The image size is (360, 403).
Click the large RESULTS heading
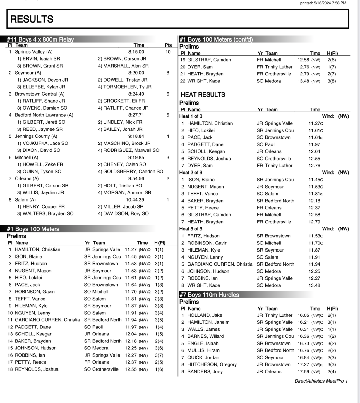click(x=32, y=19)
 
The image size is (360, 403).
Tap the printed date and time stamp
click(x=323, y=3)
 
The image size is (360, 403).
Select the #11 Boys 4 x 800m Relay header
click(x=40, y=39)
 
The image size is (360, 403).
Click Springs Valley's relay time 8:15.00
click(x=136, y=52)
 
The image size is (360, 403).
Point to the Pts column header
click(x=168, y=45)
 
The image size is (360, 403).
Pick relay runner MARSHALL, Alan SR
click(x=123, y=66)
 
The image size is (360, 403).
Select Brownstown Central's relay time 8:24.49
click(x=136, y=94)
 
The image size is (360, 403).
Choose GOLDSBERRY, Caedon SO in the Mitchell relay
click(x=131, y=171)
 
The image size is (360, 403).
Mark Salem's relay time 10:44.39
click(x=135, y=199)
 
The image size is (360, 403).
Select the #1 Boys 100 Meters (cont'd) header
click(x=216, y=39)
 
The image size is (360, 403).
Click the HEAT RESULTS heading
click(x=203, y=94)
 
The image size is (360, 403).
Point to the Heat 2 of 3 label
click(x=191, y=173)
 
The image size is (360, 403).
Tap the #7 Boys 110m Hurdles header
click(x=209, y=295)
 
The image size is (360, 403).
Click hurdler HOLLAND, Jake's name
click(x=205, y=315)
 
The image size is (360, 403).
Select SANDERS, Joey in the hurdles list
click(x=205, y=371)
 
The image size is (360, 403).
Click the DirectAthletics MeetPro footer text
click(x=321, y=381)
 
